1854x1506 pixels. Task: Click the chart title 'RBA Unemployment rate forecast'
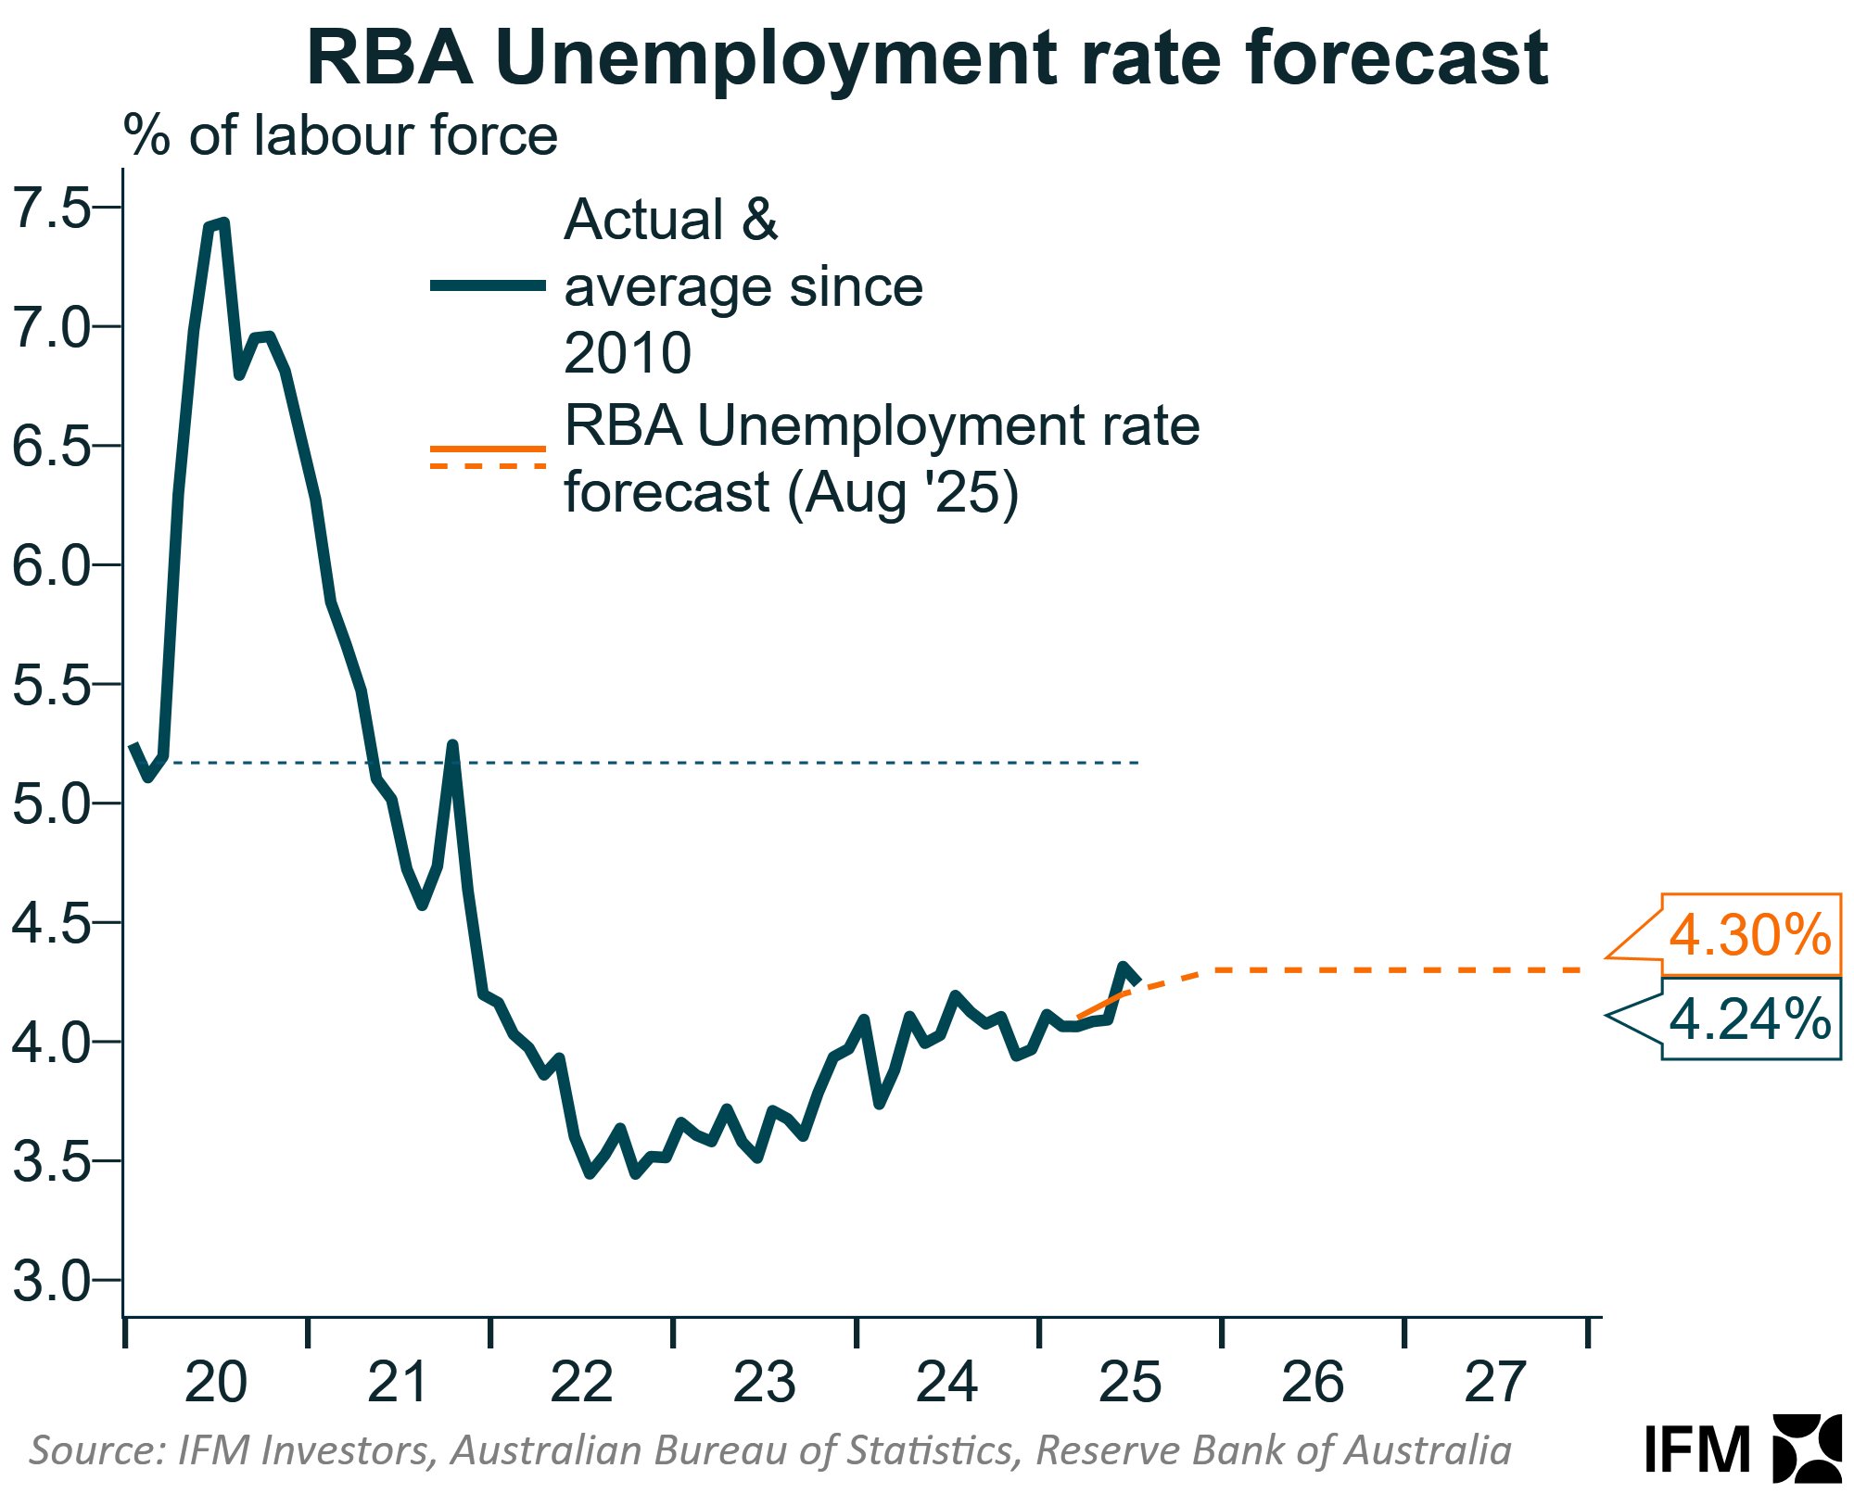click(x=927, y=57)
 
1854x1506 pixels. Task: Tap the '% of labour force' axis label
click(x=340, y=136)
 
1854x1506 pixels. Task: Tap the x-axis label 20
click(x=215, y=1383)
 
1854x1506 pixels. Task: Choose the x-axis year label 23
click(x=764, y=1383)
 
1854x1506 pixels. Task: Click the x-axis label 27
click(x=1494, y=1383)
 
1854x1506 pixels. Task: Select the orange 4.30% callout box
click(x=1749, y=934)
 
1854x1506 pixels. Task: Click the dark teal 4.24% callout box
click(x=1749, y=1019)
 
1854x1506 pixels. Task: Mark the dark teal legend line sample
click(x=488, y=285)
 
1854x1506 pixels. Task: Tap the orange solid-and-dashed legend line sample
click(x=488, y=457)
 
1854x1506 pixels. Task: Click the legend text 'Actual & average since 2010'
click(x=742, y=285)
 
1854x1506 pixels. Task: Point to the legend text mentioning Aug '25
click(x=881, y=458)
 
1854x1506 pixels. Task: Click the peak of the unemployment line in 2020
click(x=222, y=223)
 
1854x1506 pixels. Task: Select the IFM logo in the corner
click(x=1743, y=1448)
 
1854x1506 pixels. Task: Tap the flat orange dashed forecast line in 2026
click(x=1344, y=969)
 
